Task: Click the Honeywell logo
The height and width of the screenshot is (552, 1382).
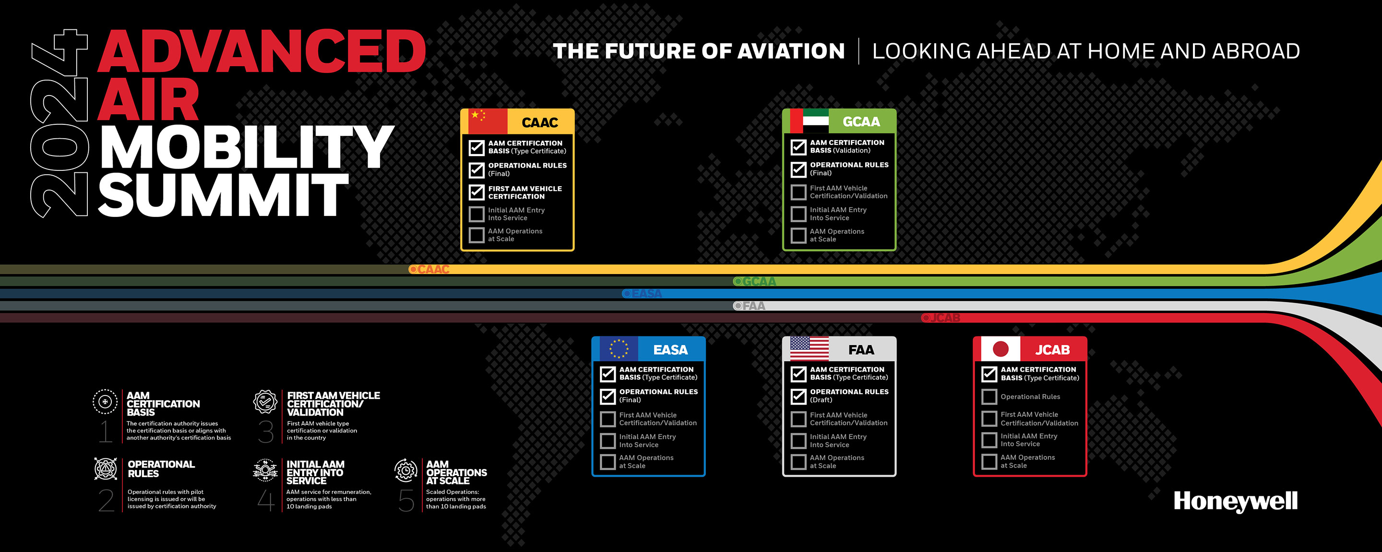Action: [x=1236, y=502]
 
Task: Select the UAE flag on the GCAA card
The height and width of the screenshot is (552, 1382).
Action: [x=810, y=121]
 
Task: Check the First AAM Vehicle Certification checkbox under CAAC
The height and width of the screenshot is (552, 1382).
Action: [x=477, y=192]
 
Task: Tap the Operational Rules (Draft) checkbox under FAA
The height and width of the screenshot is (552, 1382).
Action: [x=798, y=396]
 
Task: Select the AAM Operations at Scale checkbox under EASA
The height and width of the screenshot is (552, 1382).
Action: [x=608, y=462]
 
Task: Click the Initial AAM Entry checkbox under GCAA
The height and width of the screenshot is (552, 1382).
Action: [x=798, y=214]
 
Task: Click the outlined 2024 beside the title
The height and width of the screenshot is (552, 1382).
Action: [x=59, y=123]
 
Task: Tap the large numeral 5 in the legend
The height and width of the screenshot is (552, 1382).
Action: [x=406, y=500]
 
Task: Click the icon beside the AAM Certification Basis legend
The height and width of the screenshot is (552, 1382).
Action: [x=105, y=402]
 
